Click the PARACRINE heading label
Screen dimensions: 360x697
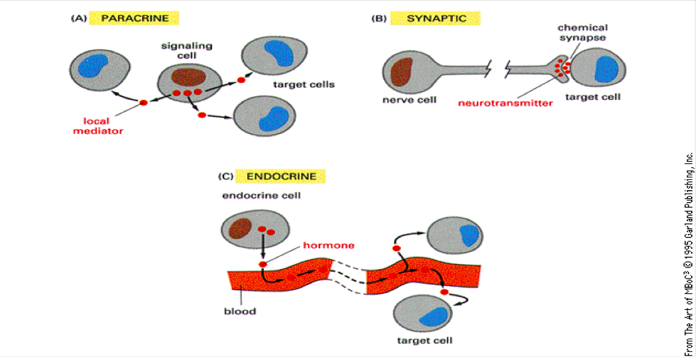[x=131, y=18]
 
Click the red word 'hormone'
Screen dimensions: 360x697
[x=329, y=245]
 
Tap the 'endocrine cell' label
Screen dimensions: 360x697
[x=252, y=196]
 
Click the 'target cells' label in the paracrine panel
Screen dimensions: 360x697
[x=303, y=85]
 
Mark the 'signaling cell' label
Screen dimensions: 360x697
[x=178, y=50]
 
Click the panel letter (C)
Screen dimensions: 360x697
[x=227, y=177]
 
